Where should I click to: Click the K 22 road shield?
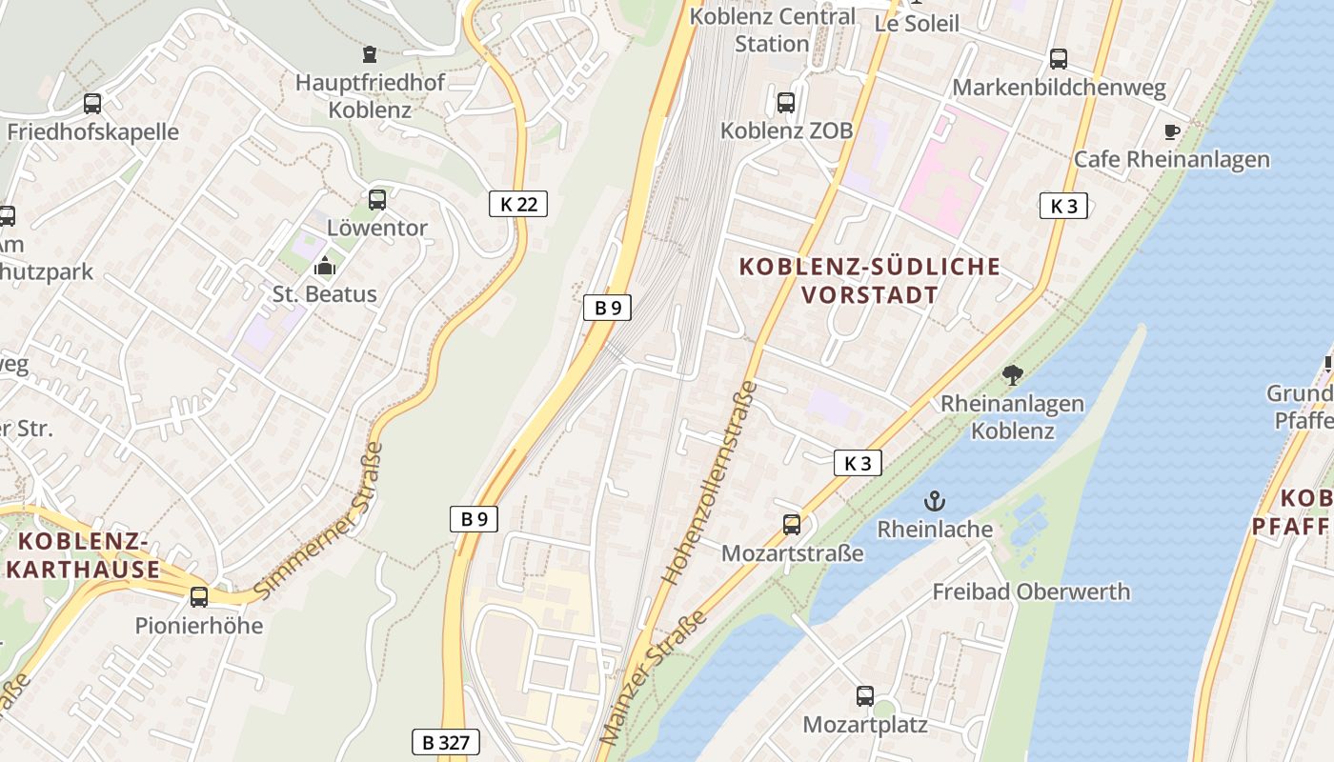[x=518, y=203]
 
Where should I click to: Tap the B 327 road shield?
[x=445, y=742]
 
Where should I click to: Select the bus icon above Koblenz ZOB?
[x=786, y=103]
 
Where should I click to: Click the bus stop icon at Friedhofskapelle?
[x=92, y=104]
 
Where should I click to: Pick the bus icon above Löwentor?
[x=377, y=200]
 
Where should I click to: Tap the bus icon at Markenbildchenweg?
[x=1059, y=59]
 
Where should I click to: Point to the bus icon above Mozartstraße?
[x=792, y=524]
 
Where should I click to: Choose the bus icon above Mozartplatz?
[x=865, y=696]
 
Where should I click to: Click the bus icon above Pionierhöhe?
[x=199, y=597]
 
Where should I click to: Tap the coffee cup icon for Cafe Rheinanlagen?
[x=1172, y=131]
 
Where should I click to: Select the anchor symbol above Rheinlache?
[x=935, y=501]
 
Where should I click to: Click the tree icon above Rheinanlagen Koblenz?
[x=1012, y=375]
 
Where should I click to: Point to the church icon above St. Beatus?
[x=325, y=266]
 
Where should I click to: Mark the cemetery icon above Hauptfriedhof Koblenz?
[x=370, y=54]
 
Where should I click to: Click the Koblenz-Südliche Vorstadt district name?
[x=870, y=280]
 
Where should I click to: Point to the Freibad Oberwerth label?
[x=1031, y=592]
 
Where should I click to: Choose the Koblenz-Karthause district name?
[x=84, y=556]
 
